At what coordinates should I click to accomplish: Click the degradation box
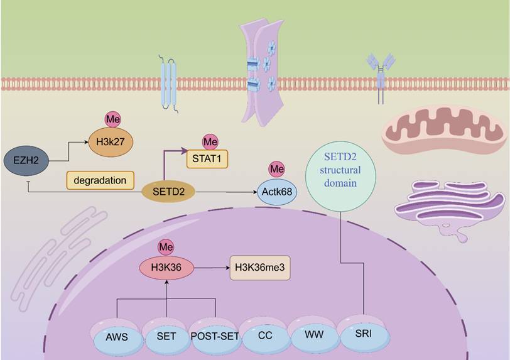[x=100, y=180]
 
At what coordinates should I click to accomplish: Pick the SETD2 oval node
[x=168, y=190]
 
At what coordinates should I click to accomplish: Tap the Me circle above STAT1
[x=210, y=141]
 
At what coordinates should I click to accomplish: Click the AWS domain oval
[x=117, y=335]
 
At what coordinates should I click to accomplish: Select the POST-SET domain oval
[x=214, y=335]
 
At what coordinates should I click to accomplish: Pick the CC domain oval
[x=265, y=335]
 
